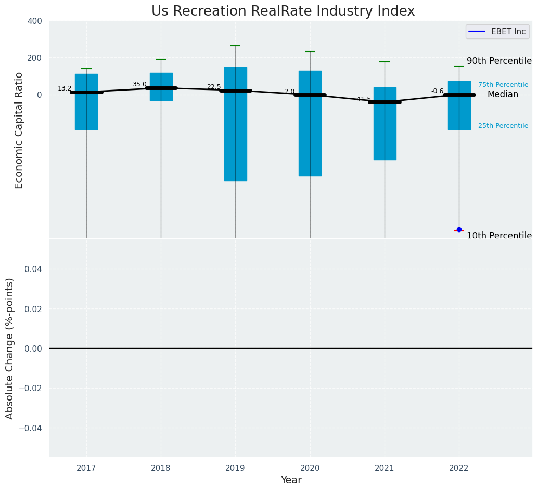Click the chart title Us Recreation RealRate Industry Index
pos(283,11)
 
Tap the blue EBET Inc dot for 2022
pos(459,229)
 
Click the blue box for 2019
pos(235,125)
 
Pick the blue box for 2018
pos(161,86)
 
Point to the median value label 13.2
pos(65,89)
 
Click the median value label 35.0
pos(139,84)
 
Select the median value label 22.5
pos(214,87)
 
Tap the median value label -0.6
pos(437,91)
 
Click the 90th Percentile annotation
pos(499,61)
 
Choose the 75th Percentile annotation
pos(503,85)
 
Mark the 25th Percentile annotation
pos(503,126)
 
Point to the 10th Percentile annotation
pos(499,236)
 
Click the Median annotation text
pos(503,95)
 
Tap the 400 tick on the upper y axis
pos(35,21)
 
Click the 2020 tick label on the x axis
pos(310,468)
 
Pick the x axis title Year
pos(291,480)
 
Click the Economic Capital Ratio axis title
pos(19,130)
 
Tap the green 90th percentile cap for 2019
pos(235,46)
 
